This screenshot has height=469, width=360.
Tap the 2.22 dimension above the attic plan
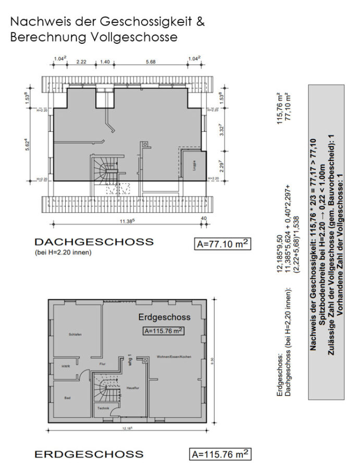[81, 61]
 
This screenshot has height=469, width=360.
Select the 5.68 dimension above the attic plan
[152, 61]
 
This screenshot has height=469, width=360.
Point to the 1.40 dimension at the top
[104, 61]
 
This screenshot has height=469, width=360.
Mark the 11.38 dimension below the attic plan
[126, 221]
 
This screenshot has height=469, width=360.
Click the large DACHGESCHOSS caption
[94, 242]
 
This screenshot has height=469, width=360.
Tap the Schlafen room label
[75, 334]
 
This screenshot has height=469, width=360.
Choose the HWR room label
[66, 366]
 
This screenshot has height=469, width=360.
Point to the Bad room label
[68, 398]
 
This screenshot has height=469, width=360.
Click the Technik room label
[103, 408]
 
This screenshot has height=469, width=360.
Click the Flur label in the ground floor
[102, 364]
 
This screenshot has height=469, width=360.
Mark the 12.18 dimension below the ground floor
[127, 428]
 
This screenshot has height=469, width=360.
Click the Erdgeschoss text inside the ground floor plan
[164, 317]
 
